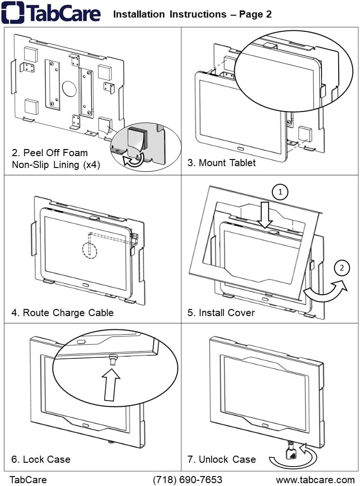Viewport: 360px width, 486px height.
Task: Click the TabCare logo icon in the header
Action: [x=12, y=13]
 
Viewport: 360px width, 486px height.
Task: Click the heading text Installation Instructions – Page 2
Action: [x=192, y=14]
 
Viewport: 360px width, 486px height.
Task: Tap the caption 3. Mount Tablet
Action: [x=221, y=163]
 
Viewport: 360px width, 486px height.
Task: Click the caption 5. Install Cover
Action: [x=221, y=312]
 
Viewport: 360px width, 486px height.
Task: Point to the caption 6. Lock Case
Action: [x=41, y=459]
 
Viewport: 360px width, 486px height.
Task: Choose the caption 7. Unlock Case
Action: [x=221, y=459]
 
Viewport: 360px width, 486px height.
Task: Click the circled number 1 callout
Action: [x=280, y=192]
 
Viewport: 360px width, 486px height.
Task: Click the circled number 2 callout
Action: [x=342, y=268]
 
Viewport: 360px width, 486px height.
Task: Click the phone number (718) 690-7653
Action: [x=187, y=479]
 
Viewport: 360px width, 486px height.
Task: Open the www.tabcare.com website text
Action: [x=315, y=479]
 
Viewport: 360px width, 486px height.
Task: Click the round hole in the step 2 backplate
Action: [x=69, y=88]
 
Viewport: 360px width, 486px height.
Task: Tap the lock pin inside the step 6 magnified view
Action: [x=114, y=359]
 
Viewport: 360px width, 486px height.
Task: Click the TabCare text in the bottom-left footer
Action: [x=28, y=479]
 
